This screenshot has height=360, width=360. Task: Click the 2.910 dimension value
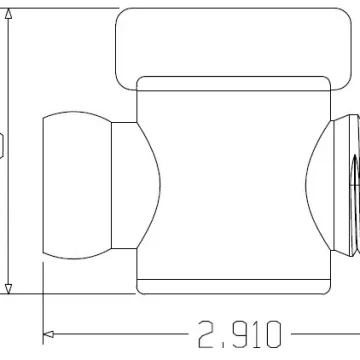point(240,334)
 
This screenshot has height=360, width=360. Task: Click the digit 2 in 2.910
point(207,334)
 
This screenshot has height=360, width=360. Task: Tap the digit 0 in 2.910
point(272,334)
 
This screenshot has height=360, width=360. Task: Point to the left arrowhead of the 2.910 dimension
point(49,334)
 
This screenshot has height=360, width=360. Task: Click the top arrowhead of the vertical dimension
point(9,14)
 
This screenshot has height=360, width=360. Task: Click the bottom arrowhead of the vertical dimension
point(9,289)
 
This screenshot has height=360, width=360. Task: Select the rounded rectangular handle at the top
point(233,49)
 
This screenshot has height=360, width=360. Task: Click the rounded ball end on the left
point(77,185)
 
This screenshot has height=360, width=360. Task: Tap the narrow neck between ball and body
point(124,185)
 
